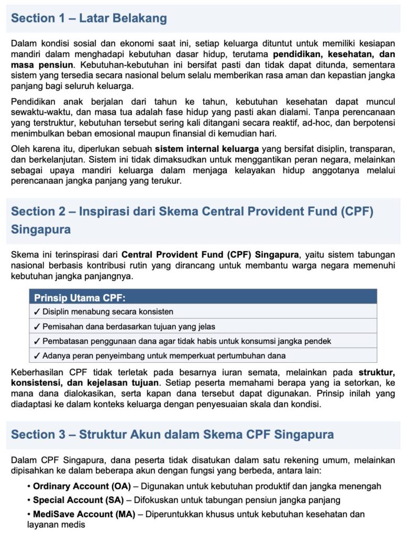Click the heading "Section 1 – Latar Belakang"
pyautogui.click(x=89, y=18)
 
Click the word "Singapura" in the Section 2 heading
pyautogui.click(x=41, y=229)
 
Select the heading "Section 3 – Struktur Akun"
pyautogui.click(x=172, y=434)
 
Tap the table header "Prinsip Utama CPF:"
pyautogui.click(x=80, y=298)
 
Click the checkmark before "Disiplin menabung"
pyautogui.click(x=37, y=311)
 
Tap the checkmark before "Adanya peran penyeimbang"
pyautogui.click(x=37, y=356)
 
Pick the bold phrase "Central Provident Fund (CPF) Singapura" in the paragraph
pyautogui.click(x=209, y=255)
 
